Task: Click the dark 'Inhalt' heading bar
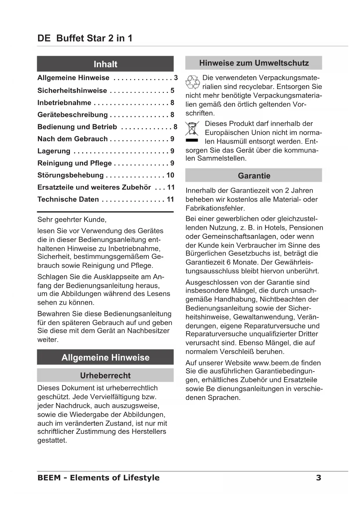tap(105, 64)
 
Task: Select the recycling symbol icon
tap(193, 82)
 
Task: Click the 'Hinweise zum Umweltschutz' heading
tap(254, 63)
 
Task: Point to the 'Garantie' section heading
tap(254, 176)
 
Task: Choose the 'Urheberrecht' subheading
tap(105, 375)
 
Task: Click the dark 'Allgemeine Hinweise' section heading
tap(105, 357)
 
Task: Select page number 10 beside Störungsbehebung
tap(170, 175)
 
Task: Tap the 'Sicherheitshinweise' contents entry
tap(72, 91)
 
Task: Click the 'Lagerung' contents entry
tap(54, 151)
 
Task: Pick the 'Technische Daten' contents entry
tap(68, 199)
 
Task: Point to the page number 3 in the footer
tap(319, 478)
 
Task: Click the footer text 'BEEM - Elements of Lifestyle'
tap(98, 478)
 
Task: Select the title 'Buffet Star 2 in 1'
tap(94, 38)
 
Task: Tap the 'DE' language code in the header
tap(44, 38)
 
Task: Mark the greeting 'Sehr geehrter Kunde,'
tap(72, 219)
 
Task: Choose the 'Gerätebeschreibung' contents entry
tap(73, 115)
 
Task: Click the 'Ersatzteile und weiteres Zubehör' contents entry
tap(94, 187)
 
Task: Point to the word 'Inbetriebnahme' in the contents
tap(64, 103)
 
